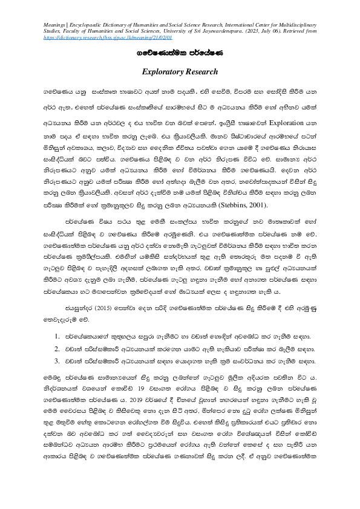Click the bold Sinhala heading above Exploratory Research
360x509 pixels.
click(x=179, y=53)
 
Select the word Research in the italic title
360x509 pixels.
click(x=199, y=72)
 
